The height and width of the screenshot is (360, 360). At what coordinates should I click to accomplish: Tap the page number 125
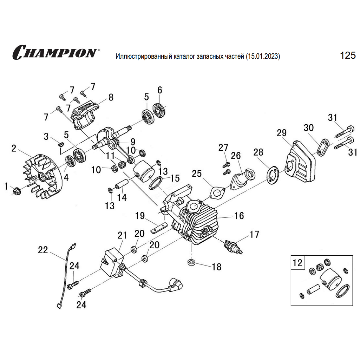[x=348, y=55]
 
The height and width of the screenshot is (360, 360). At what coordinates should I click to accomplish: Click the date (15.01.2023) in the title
[x=263, y=56]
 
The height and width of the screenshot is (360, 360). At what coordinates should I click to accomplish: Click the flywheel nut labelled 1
[x=16, y=191]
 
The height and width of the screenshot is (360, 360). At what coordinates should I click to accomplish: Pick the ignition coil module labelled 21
[x=111, y=262]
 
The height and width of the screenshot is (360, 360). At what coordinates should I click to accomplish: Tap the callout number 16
[x=239, y=216]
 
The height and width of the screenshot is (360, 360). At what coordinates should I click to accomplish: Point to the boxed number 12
[x=297, y=262]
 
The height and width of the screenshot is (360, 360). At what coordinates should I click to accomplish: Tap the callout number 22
[x=43, y=250]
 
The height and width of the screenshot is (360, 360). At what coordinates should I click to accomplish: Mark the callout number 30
[x=309, y=127]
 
